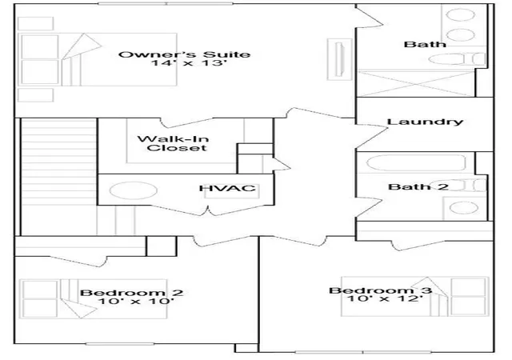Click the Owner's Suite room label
point(184,54)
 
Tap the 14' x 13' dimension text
point(189,62)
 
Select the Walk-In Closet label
point(174,143)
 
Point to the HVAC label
point(227,188)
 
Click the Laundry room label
point(425,122)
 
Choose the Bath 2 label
point(418,187)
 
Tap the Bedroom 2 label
point(131,292)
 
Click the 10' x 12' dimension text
point(385,298)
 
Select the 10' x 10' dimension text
point(135,301)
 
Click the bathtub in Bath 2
point(417,162)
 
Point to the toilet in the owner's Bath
point(457,59)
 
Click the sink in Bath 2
point(464,208)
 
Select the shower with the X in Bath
point(416,83)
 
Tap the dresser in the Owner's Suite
point(339,59)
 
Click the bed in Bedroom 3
point(414,297)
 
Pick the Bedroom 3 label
point(381,290)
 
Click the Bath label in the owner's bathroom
point(425,44)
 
